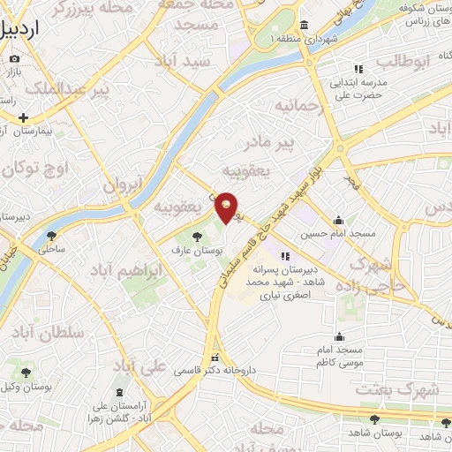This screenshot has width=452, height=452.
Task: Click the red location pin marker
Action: point(227,207)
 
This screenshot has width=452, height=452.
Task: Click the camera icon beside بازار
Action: point(14,59)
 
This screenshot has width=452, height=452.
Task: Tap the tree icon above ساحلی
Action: point(51,236)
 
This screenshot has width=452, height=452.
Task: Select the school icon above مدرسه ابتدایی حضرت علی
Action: point(358,69)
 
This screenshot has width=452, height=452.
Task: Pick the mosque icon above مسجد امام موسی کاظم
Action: point(339,336)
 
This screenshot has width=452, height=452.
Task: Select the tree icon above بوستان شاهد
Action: point(375,420)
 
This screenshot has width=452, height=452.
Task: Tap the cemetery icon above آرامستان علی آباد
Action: point(120,392)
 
